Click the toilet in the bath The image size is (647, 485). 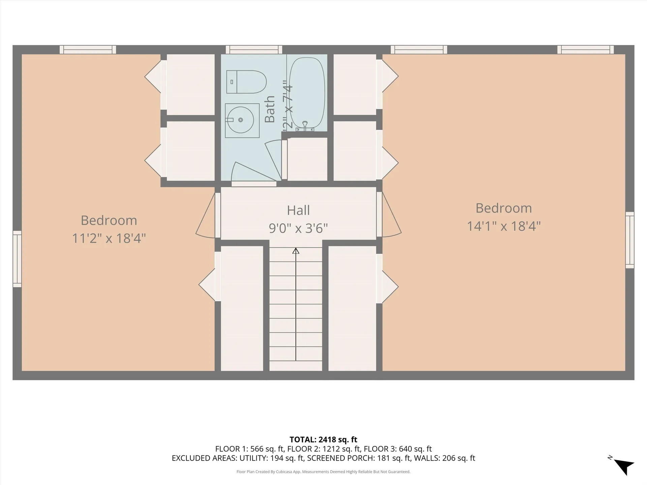[246, 82]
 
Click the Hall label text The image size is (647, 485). [298, 211]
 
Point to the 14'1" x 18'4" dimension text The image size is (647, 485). [503, 226]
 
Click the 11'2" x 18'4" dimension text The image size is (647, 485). [109, 238]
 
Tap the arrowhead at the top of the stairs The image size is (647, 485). [296, 251]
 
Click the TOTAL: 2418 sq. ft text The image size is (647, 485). [323, 440]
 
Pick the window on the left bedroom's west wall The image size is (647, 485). [17, 259]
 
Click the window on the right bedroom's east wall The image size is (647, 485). [629, 240]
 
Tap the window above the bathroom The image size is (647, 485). [254, 50]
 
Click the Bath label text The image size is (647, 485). [270, 109]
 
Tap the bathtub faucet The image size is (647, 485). [305, 126]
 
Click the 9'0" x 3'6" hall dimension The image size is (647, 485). [298, 228]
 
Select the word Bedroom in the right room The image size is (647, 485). [503, 208]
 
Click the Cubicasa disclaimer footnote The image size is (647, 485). [323, 472]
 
